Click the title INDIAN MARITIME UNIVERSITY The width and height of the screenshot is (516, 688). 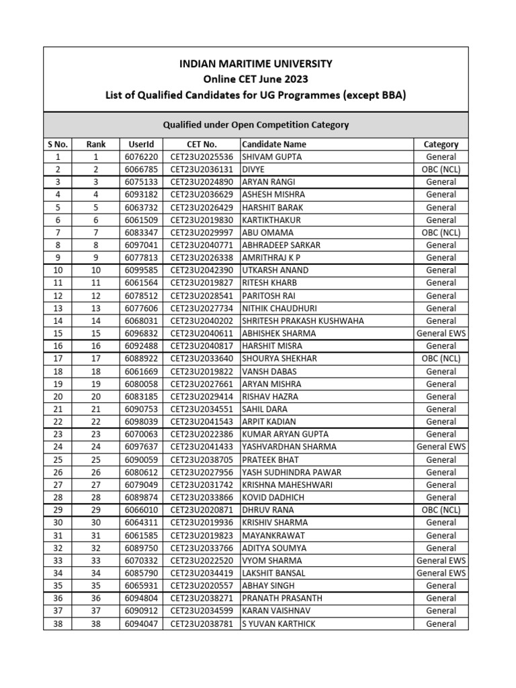coord(255,64)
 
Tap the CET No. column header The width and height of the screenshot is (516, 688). coord(202,144)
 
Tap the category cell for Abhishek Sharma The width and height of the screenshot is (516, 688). coord(441,333)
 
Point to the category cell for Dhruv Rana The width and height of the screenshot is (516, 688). coord(441,510)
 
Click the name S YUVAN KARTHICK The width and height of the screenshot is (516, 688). coord(278,623)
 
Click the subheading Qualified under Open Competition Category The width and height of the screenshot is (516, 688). coord(256,125)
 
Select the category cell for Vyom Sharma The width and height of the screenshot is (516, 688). coord(441,560)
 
